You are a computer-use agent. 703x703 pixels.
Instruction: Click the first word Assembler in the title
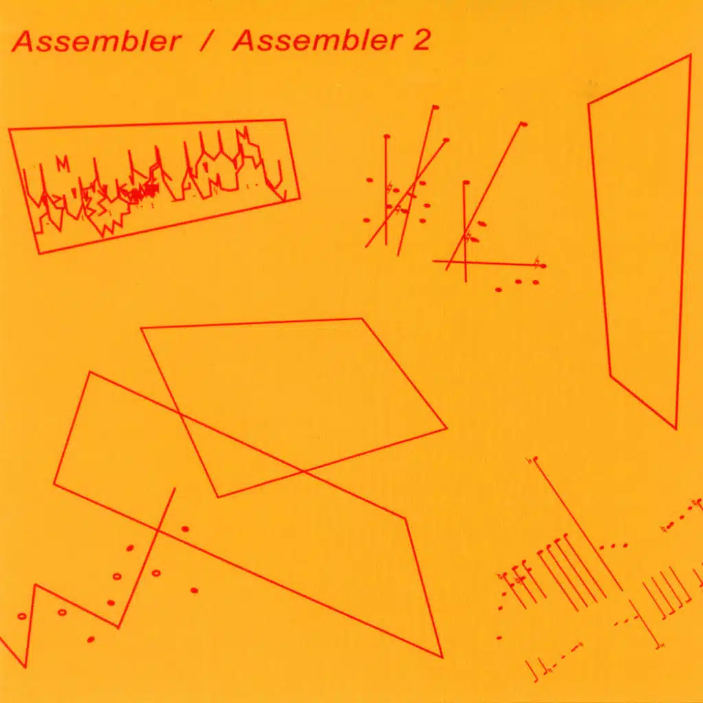tap(96, 41)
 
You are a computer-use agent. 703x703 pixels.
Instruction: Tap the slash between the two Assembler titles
tap(206, 41)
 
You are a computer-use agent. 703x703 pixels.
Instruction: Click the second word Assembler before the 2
tap(317, 41)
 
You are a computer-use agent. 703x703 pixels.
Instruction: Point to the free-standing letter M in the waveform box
tap(63, 164)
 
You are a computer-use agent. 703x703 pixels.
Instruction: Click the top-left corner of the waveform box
tap(10, 130)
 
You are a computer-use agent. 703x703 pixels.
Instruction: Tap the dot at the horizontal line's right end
tap(544, 266)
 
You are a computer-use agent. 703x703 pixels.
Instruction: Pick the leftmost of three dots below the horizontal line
tap(498, 290)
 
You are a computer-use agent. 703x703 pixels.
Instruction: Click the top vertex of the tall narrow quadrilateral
tap(690, 55)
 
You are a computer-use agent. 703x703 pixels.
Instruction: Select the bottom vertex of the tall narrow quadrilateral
tap(676, 428)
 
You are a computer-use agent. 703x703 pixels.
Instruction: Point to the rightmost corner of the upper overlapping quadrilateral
tap(446, 428)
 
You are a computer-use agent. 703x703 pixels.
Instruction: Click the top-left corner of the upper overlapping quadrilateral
tap(141, 329)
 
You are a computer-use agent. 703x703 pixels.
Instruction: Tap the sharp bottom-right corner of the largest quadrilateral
tap(443, 657)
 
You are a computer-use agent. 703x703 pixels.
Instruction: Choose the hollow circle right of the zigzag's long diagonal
tap(156, 573)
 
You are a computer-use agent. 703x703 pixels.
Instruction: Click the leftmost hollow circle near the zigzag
tap(22, 616)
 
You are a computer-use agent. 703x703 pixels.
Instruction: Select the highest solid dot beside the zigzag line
tap(185, 529)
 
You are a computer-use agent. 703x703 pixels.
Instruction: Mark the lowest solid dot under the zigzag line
tap(91, 639)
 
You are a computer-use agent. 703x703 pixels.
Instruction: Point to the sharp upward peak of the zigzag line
tap(35, 585)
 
